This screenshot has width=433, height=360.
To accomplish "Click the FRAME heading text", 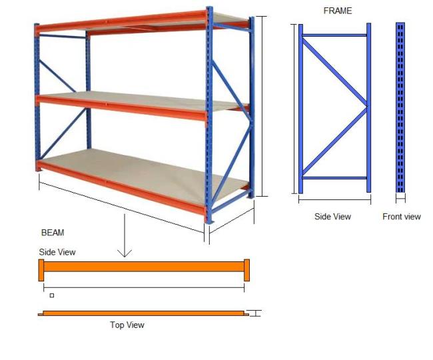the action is tap(338, 11).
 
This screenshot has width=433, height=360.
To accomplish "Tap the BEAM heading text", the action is tap(53, 233).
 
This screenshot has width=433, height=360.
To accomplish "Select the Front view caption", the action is tap(402, 217).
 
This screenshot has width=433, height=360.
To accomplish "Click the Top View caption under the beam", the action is tap(127, 325).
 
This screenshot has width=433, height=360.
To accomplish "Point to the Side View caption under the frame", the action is tap(332, 216).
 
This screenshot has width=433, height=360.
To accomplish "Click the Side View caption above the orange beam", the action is tap(57, 252).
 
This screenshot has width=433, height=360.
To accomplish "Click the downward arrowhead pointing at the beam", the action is tap(125, 253).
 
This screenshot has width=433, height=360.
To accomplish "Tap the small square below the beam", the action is tap(52, 295).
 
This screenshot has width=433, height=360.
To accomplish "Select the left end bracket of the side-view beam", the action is tap(41, 270).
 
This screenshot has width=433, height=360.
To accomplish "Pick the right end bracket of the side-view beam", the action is tap(247, 270).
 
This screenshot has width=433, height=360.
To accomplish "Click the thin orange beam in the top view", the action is tap(143, 313).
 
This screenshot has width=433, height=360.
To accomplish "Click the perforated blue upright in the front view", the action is tap(400, 107).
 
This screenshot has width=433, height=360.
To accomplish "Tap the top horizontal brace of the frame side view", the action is tap(334, 35).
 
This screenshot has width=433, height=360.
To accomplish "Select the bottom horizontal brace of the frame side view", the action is tap(334, 178).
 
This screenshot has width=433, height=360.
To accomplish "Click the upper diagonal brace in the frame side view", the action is tap(335, 72).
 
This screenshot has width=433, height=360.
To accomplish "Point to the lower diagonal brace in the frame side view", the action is tap(335, 141).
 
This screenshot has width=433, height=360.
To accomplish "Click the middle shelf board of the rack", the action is tap(144, 100).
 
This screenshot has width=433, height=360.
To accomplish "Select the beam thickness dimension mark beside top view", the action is tap(256, 313).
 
